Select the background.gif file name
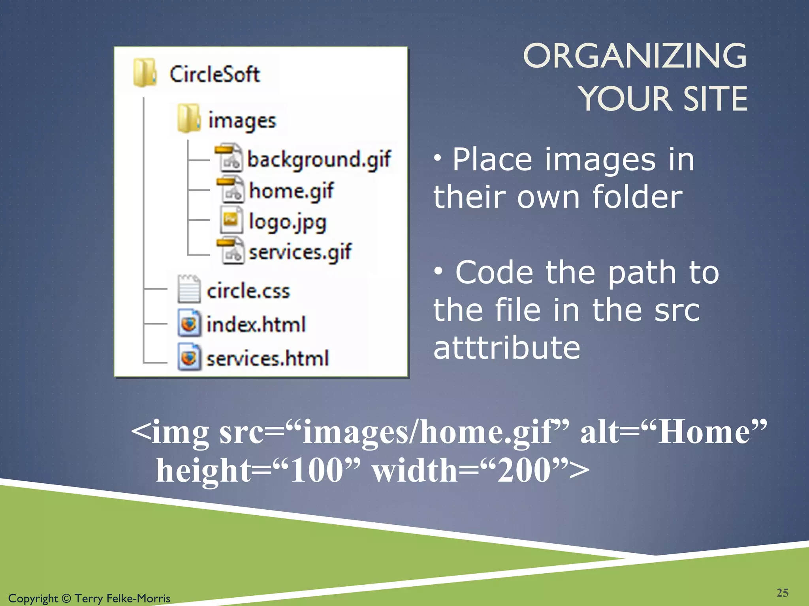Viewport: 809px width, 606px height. (x=319, y=159)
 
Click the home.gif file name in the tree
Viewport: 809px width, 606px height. (x=291, y=191)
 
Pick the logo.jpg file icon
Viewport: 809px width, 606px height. (x=231, y=221)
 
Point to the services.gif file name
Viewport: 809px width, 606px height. (x=300, y=252)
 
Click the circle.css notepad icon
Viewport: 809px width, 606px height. (x=189, y=289)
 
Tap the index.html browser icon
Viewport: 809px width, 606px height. (x=189, y=324)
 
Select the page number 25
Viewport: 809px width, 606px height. (x=782, y=593)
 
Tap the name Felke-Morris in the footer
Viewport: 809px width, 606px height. (x=138, y=599)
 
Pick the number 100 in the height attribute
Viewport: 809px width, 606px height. (x=316, y=470)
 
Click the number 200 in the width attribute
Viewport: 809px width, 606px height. (x=524, y=470)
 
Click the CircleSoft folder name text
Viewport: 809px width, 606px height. (x=214, y=74)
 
